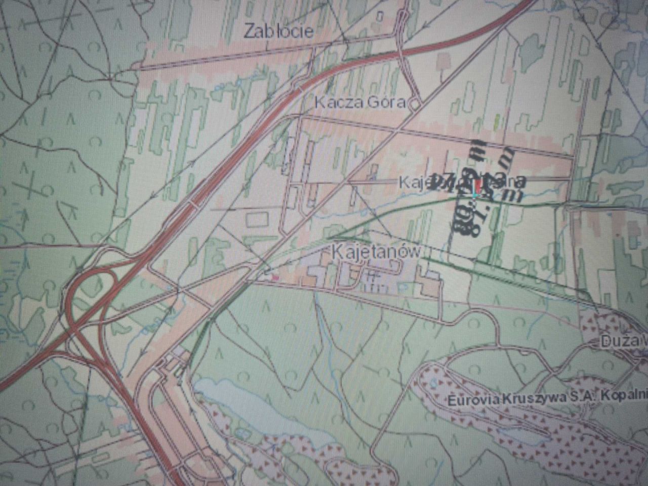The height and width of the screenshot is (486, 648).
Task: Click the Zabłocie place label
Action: [x=278, y=31]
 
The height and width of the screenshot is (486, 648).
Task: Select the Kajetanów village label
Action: [x=376, y=251]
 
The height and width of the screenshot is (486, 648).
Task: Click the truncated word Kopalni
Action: [x=625, y=395]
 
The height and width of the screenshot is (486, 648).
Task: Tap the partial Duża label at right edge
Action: [x=623, y=342]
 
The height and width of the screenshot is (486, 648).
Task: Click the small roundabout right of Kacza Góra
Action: [x=415, y=104]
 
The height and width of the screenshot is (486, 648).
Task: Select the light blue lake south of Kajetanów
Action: [x=238, y=400]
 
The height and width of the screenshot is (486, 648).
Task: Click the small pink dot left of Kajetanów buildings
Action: [x=275, y=277]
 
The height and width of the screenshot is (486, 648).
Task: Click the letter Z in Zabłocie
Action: [x=249, y=31]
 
